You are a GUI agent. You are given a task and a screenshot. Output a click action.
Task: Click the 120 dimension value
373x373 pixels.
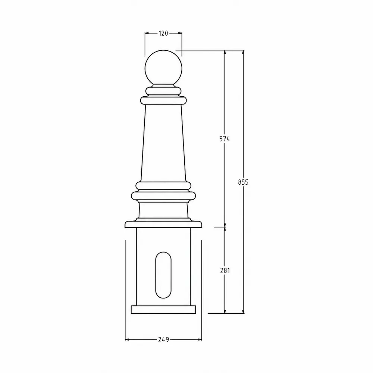tap(163, 33)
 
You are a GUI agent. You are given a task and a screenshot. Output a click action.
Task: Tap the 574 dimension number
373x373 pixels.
tap(225, 139)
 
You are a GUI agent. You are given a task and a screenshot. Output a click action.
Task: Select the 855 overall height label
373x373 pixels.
tap(243, 182)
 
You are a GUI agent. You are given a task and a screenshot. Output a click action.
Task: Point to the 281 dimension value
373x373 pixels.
tap(225, 270)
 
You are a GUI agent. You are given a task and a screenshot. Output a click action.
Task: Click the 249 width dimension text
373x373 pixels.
tap(163, 340)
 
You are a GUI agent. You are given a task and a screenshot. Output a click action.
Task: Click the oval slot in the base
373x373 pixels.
tap(163, 275)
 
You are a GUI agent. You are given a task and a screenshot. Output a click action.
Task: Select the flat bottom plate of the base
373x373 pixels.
tap(163, 310)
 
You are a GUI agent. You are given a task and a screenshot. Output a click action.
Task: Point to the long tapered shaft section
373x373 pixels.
tap(163, 143)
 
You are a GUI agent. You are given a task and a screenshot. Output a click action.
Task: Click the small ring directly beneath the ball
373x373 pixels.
tap(163, 91)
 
